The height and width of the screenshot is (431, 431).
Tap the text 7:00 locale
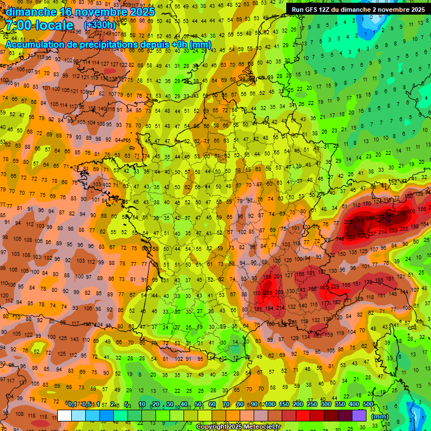(39, 26)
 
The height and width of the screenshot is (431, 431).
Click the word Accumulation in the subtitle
(34, 44)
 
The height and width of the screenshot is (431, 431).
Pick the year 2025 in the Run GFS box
(415, 10)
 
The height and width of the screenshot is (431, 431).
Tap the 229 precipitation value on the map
(335, 287)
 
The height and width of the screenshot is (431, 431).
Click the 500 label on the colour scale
(368, 405)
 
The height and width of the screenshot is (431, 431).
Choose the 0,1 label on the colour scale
(72, 405)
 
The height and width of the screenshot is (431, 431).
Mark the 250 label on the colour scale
(312, 405)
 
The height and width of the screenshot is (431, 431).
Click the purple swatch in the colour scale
(359, 415)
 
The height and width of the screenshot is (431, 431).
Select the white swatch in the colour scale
(65, 415)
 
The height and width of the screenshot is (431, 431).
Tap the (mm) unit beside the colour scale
(380, 416)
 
